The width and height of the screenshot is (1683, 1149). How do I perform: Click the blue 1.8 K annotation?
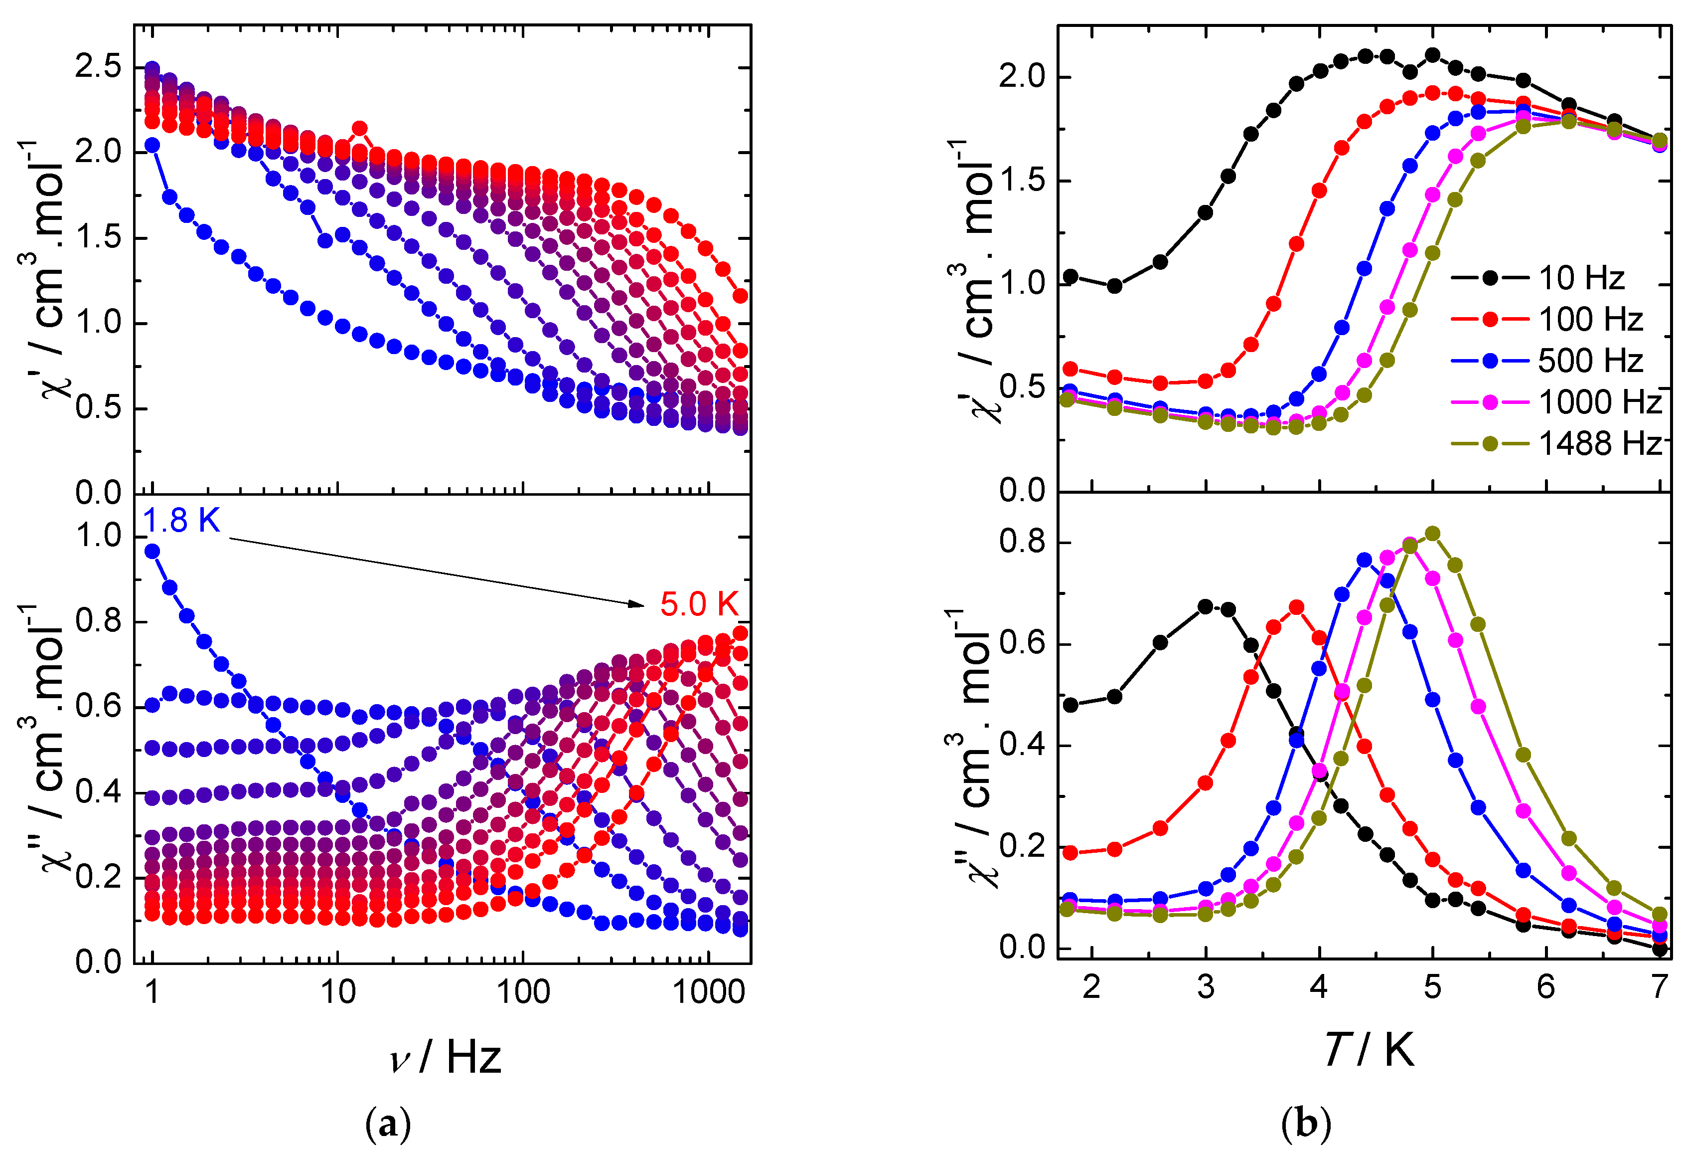click(181, 521)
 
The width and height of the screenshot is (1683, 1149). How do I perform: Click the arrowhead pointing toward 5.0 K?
click(637, 603)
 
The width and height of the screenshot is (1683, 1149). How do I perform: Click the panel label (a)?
click(388, 1124)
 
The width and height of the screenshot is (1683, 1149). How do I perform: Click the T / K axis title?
click(1368, 1049)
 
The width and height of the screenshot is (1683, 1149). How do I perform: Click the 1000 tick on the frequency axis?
click(708, 992)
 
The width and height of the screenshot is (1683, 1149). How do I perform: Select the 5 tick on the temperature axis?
click(1432, 987)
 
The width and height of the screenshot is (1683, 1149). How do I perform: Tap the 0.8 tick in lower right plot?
click(1023, 542)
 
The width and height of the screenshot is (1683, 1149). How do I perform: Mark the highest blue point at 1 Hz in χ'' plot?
click(152, 552)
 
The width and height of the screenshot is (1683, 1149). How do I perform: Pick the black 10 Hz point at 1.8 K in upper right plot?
click(1071, 277)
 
